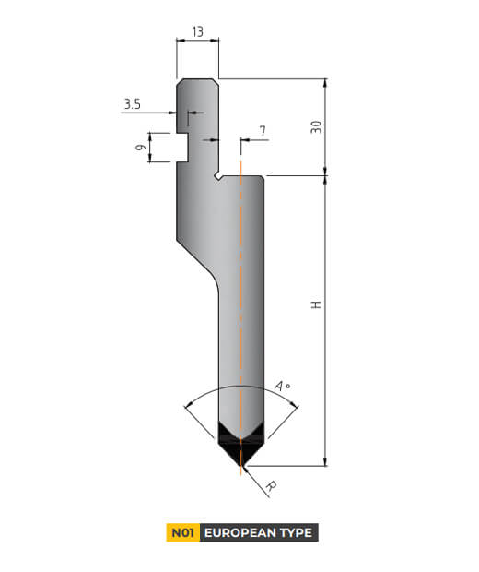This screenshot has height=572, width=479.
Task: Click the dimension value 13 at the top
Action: click(x=197, y=31)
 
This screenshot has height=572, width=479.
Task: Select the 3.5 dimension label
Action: click(x=132, y=105)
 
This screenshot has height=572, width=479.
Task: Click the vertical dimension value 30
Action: click(x=316, y=127)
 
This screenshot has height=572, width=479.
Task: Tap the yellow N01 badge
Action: click(x=181, y=532)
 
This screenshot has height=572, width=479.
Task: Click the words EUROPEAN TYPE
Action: click(x=258, y=532)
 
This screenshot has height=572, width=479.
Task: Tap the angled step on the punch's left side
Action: click(x=195, y=263)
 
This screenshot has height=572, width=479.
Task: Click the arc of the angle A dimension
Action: click(x=241, y=385)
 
